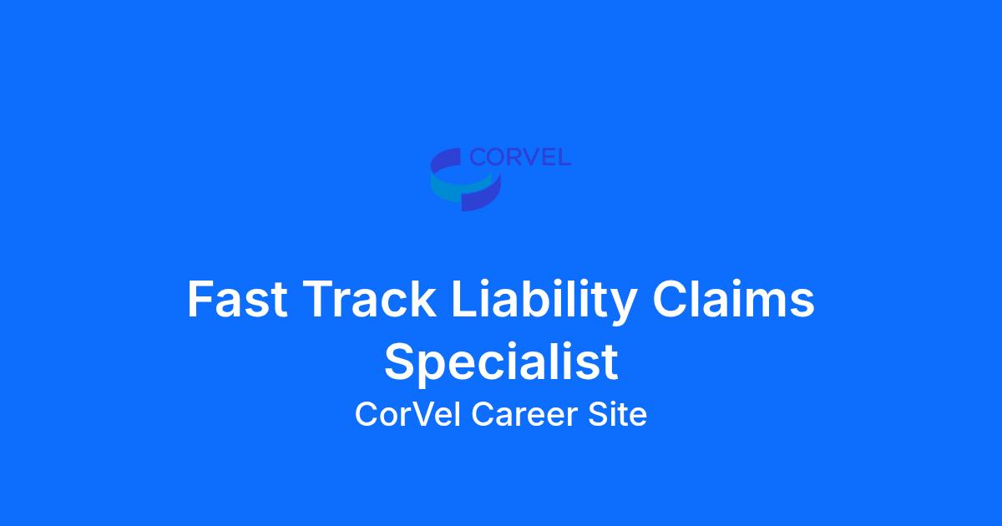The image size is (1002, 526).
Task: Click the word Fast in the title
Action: [x=237, y=299]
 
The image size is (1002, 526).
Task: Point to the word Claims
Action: [x=734, y=298]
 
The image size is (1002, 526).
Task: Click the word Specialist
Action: [x=501, y=362]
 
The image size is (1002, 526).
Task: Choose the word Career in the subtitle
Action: [x=524, y=414]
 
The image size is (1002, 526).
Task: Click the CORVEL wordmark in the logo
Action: [x=520, y=157]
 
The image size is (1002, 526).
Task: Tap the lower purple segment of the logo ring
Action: [x=483, y=196]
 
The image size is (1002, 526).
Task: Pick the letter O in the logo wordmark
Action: [x=494, y=158]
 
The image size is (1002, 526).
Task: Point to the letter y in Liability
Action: [x=623, y=308]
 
